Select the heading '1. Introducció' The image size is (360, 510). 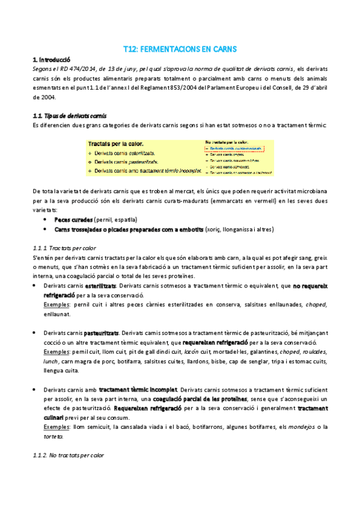(x=51, y=60)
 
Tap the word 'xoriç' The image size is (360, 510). (x=221, y=229)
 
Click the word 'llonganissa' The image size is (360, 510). (x=246, y=229)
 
